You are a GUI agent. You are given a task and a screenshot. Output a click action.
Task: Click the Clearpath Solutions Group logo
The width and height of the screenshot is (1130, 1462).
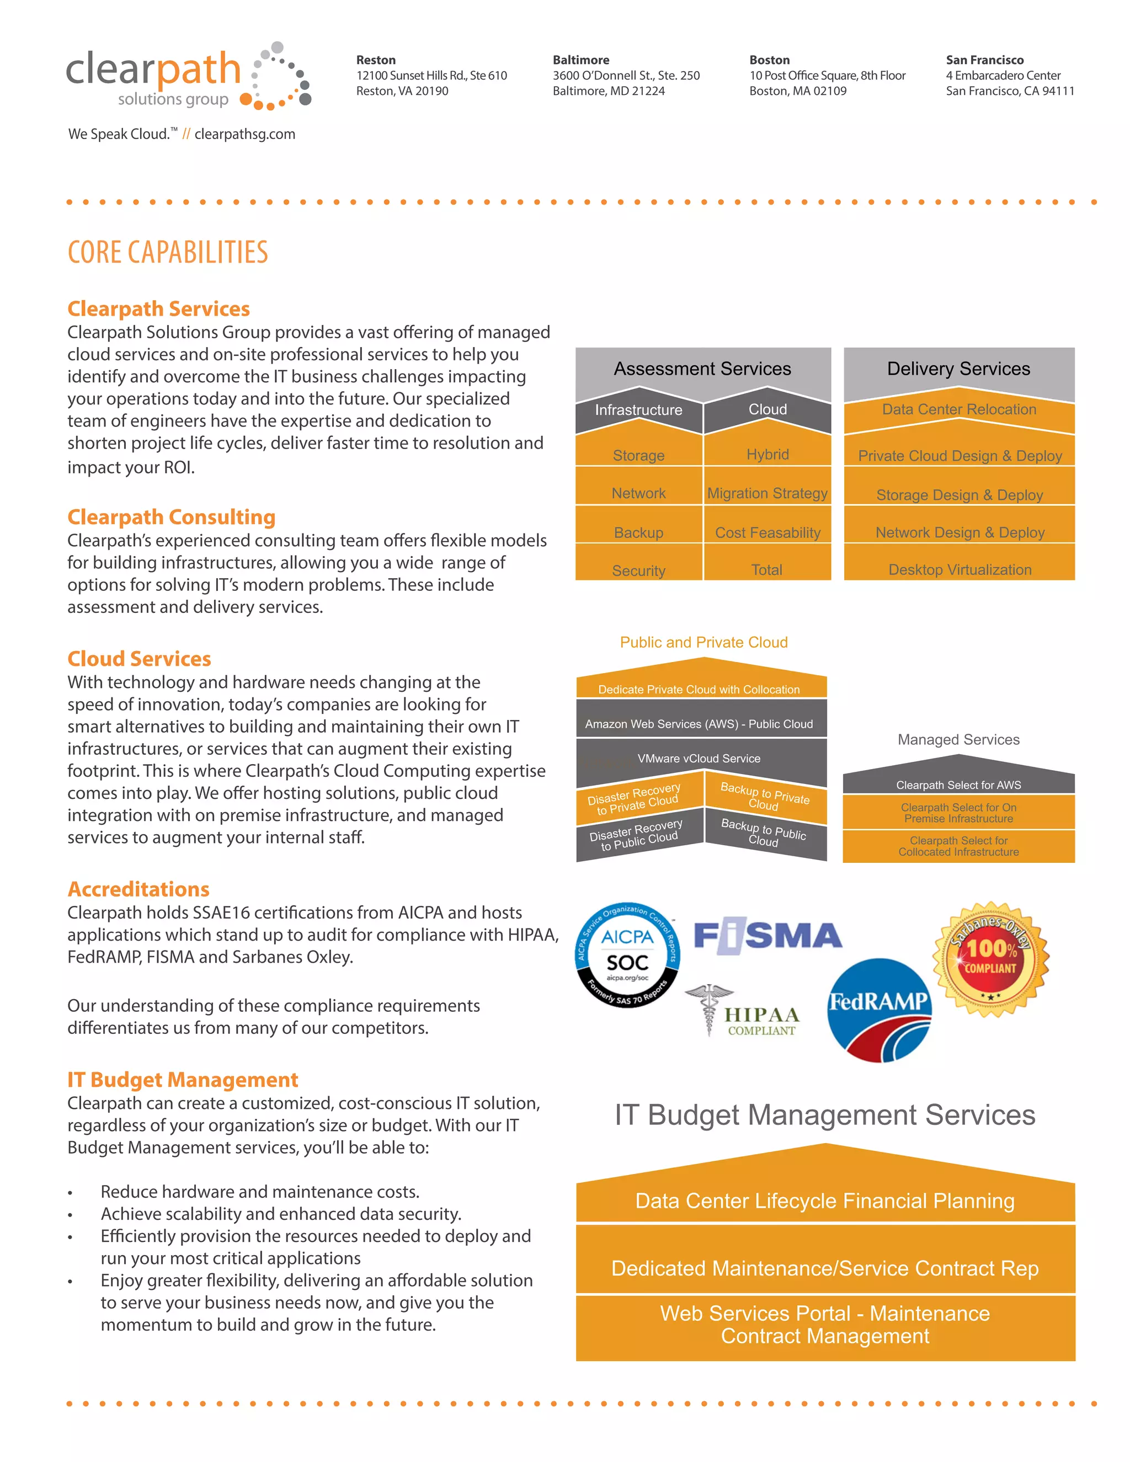[188, 77]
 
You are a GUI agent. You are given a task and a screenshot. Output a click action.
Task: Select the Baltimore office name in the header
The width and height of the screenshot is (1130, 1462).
[580, 60]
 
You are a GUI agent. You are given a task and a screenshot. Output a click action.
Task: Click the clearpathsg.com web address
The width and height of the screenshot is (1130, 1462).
[244, 134]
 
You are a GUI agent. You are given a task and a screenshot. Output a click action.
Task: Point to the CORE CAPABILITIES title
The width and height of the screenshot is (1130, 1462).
[167, 252]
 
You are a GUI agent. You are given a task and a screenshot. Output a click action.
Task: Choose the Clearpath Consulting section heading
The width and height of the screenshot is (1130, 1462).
[172, 517]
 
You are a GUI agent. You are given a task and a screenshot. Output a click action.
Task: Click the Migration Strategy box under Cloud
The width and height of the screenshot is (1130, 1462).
[767, 493]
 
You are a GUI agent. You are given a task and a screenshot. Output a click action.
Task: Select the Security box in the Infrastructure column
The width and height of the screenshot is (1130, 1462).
[638, 570]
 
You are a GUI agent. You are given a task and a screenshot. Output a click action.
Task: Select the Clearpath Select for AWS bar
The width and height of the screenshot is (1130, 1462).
[958, 785]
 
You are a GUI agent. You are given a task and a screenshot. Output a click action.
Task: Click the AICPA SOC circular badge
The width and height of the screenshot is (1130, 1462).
[627, 954]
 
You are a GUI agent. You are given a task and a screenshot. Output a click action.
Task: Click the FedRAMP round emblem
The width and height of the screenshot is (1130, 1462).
[879, 1010]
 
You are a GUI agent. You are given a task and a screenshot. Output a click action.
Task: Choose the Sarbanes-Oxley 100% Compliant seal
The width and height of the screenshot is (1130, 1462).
[991, 959]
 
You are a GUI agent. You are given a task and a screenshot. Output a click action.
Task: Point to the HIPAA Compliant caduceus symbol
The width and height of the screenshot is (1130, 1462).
[709, 1009]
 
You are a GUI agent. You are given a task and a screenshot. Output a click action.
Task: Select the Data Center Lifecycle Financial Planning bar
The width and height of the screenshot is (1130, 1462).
[825, 1201]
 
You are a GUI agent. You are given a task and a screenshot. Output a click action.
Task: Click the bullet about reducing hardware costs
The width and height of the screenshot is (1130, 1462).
[260, 1192]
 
